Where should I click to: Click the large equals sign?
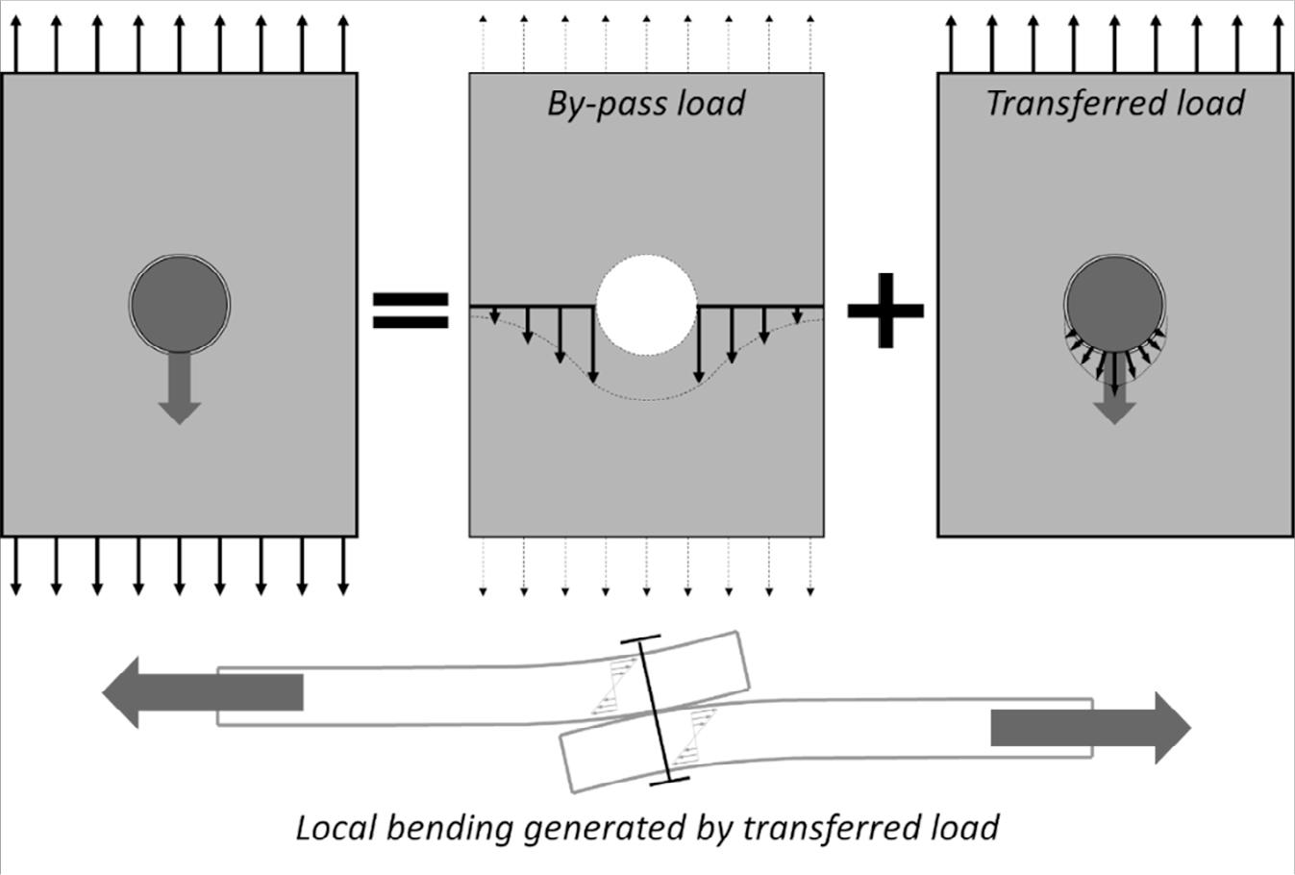pyautogui.click(x=411, y=310)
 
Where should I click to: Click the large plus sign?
pyautogui.click(x=884, y=310)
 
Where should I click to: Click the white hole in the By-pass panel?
pyautogui.click(x=646, y=305)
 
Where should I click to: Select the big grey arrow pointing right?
pyautogui.click(x=1090, y=728)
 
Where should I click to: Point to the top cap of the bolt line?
pyautogui.click(x=640, y=637)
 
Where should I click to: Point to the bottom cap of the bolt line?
pyautogui.click(x=670, y=781)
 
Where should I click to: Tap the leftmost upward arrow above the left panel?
pyautogui.click(x=15, y=43)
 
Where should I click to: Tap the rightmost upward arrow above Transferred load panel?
pyautogui.click(x=1278, y=43)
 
